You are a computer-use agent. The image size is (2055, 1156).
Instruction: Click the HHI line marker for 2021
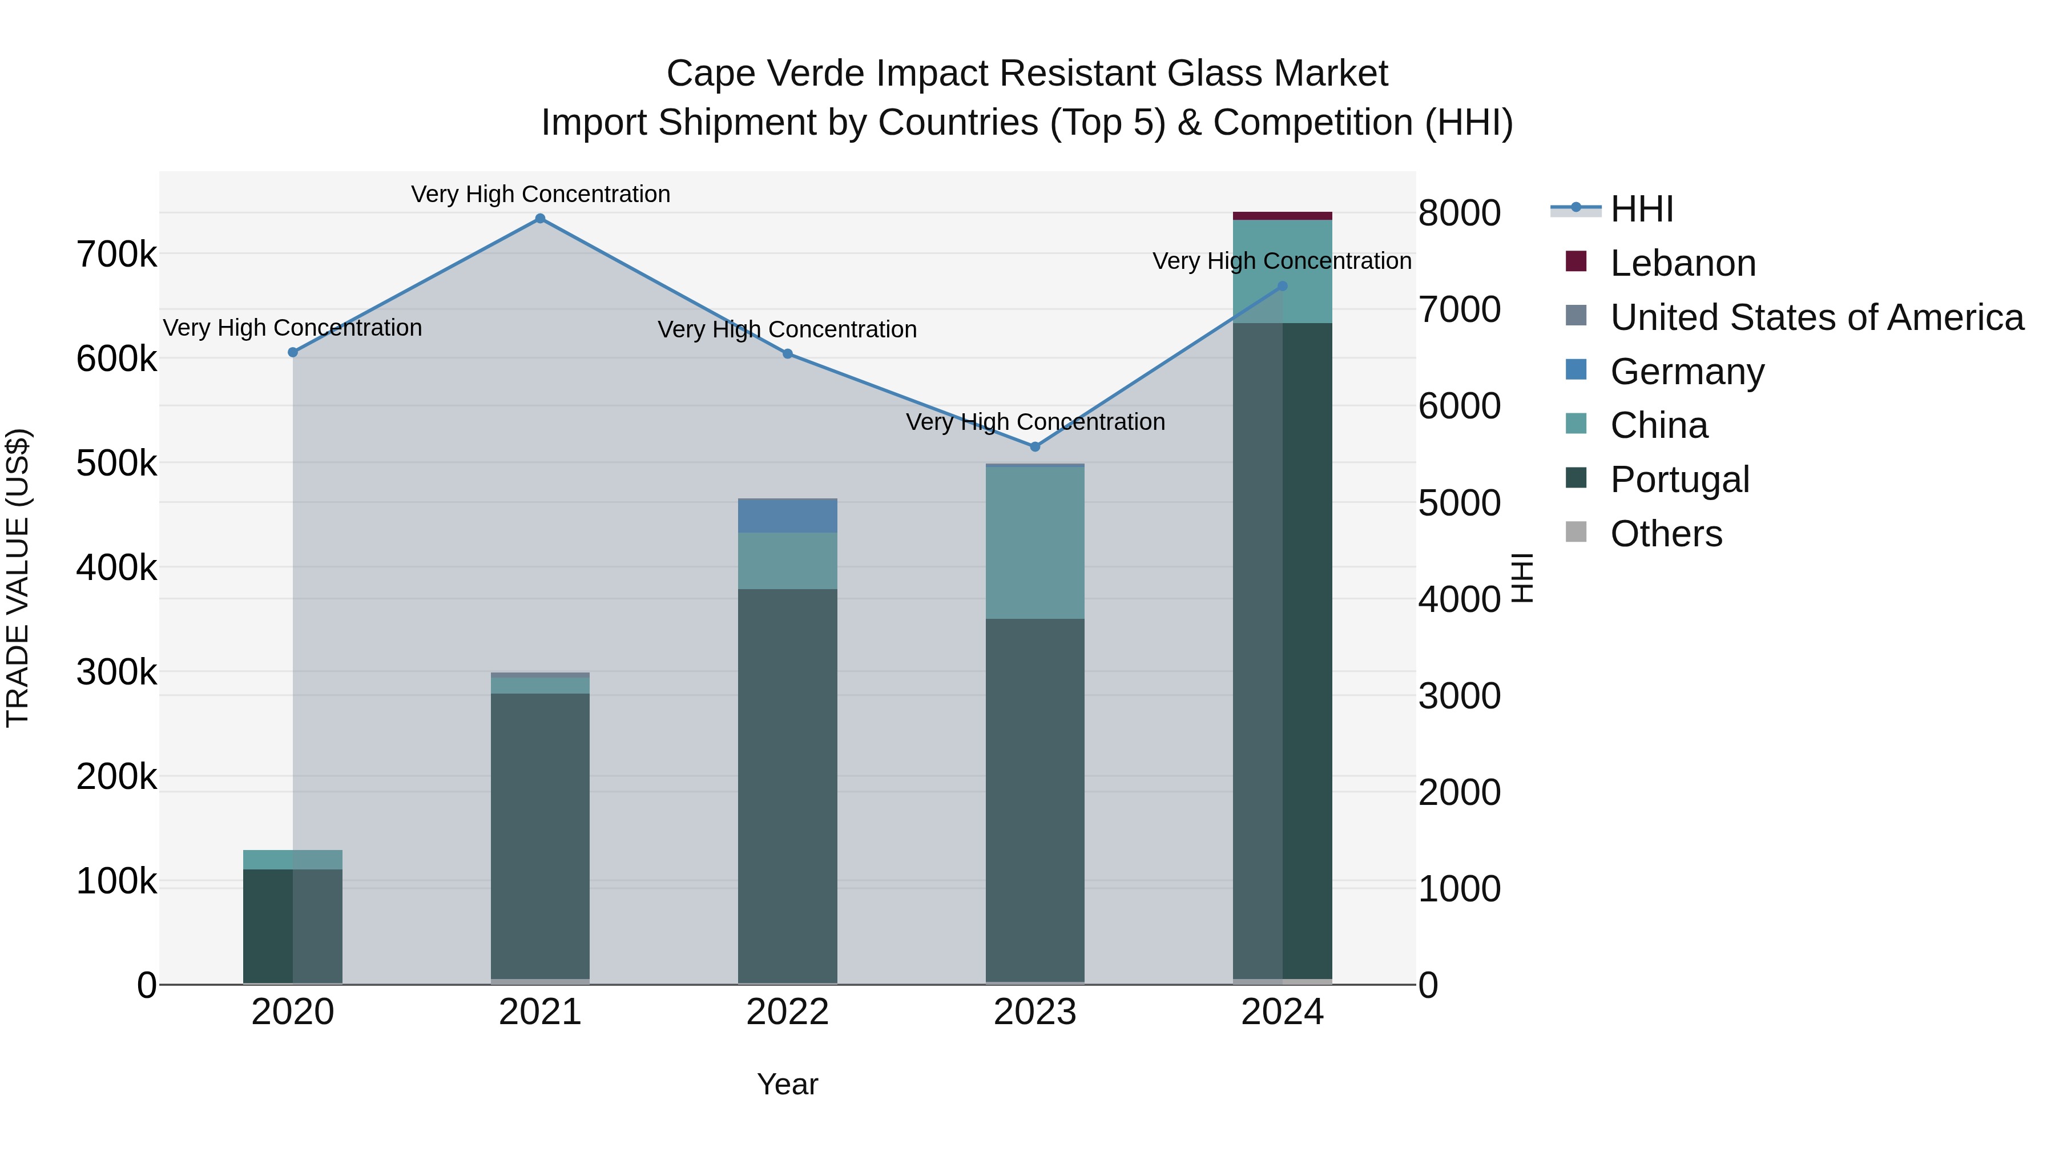point(540,219)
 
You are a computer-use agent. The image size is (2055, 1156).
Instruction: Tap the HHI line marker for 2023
point(1035,447)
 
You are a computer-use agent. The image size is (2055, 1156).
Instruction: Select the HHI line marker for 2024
point(1283,285)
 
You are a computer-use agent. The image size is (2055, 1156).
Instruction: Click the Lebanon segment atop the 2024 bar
point(1283,215)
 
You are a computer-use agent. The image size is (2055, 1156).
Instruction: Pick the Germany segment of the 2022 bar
point(787,516)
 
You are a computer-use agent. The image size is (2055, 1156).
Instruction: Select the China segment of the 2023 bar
point(1035,542)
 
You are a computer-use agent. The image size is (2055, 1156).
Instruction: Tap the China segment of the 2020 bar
point(293,859)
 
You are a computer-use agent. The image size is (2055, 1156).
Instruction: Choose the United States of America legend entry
point(1816,317)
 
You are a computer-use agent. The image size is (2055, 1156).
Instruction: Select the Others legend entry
point(1666,534)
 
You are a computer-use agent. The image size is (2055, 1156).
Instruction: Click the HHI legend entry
point(1642,209)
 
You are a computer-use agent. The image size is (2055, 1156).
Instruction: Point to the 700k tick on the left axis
point(116,255)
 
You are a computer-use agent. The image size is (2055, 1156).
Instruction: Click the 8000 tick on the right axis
point(1459,213)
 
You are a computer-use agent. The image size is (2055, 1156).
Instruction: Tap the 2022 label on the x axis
point(787,1012)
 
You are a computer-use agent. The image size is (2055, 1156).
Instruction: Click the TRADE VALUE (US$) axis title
point(18,578)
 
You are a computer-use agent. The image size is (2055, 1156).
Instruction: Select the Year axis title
point(787,1084)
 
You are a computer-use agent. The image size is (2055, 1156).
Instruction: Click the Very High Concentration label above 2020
point(293,328)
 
